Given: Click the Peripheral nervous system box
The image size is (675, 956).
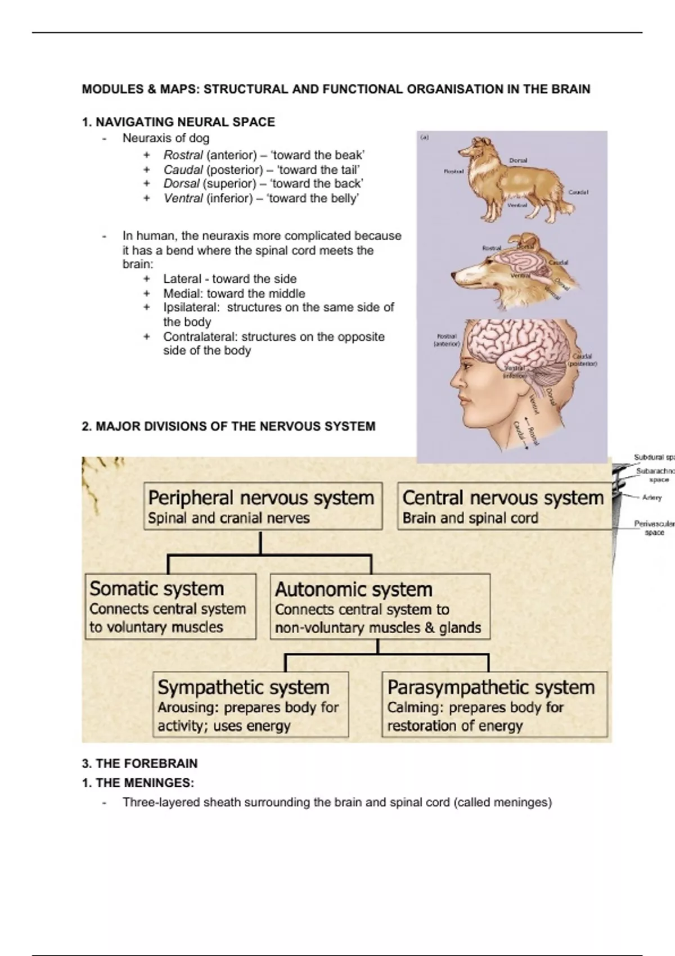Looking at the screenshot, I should [263, 506].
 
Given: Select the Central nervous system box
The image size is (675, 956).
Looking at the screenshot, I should [503, 506].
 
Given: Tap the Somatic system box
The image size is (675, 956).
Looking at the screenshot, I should [170, 606].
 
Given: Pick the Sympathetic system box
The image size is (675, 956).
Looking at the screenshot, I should [251, 705].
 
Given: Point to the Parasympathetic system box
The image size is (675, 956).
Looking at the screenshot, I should [494, 705].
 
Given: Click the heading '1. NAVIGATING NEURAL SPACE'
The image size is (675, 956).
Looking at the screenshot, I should [178, 122].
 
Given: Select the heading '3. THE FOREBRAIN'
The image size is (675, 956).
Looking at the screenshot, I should [139, 764].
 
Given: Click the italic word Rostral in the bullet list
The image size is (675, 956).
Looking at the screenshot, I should [183, 155].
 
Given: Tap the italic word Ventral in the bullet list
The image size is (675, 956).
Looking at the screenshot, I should [183, 199].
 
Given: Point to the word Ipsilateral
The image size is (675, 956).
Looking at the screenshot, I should [191, 308].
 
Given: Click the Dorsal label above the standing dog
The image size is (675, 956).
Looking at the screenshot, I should [518, 160].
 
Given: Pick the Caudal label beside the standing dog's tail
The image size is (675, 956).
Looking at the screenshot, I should [578, 192].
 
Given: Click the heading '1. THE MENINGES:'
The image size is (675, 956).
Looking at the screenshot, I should [138, 783].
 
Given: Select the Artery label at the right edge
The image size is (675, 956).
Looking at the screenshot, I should [652, 498].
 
